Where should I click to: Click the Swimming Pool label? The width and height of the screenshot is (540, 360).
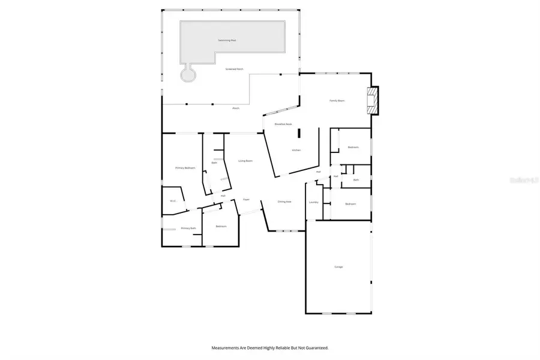pyautogui.click(x=228, y=40)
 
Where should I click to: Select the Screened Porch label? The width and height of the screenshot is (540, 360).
pyautogui.click(x=235, y=69)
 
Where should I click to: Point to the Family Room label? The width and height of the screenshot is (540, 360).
pyautogui.click(x=337, y=101)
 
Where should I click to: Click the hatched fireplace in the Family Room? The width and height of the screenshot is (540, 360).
pyautogui.click(x=373, y=101)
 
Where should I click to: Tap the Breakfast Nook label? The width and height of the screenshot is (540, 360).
pyautogui.click(x=283, y=124)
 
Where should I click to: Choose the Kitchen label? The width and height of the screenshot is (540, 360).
pyautogui.click(x=296, y=150)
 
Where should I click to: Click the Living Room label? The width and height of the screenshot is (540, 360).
pyautogui.click(x=245, y=160)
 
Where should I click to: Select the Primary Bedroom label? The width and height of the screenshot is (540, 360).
pyautogui.click(x=185, y=168)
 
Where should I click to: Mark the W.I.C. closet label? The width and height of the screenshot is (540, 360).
pyautogui.click(x=172, y=201)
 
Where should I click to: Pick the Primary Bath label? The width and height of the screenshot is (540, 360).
pyautogui.click(x=188, y=228)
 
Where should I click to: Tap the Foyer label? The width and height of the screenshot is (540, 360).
pyautogui.click(x=246, y=199)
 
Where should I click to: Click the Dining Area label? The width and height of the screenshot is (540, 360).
pyautogui.click(x=284, y=202)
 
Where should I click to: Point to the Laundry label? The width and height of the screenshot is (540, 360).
pyautogui.click(x=313, y=202)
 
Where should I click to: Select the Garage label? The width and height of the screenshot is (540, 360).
pyautogui.click(x=338, y=266)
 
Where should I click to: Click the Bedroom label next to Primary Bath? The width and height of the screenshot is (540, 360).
pyautogui.click(x=221, y=226)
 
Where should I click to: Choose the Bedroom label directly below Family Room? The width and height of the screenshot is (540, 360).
pyautogui.click(x=353, y=147)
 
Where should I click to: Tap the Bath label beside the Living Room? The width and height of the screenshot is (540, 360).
pyautogui.click(x=214, y=163)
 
